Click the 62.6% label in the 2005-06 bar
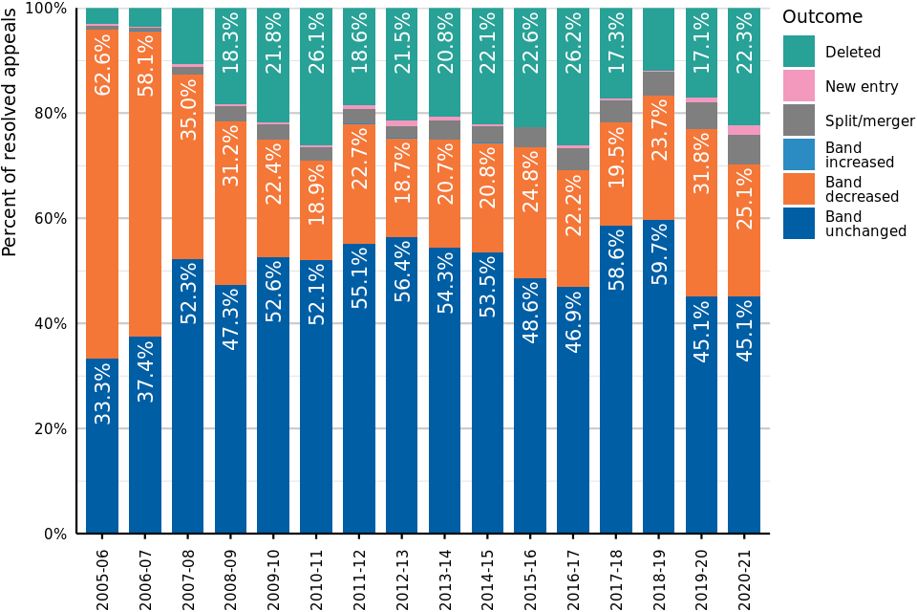(102, 68)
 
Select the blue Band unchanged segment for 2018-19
(658, 430)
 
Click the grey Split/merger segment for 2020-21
(744, 149)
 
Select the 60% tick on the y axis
(49, 218)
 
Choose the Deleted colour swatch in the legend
(799, 52)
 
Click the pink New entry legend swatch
(799, 86)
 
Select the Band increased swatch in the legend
(799, 155)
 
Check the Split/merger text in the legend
(869, 120)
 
